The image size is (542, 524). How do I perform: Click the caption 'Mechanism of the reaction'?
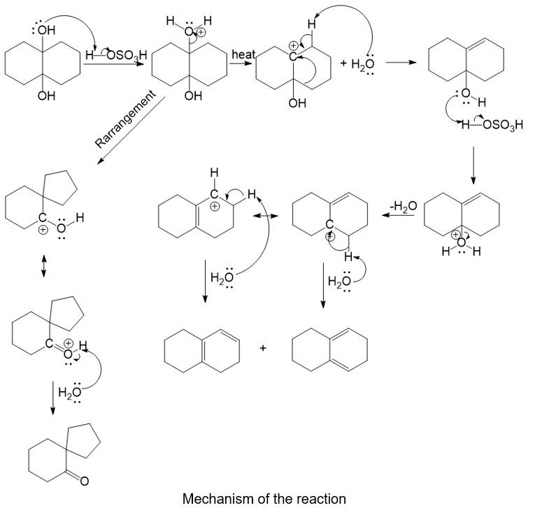(264, 499)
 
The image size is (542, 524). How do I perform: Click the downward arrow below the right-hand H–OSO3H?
(473, 164)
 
